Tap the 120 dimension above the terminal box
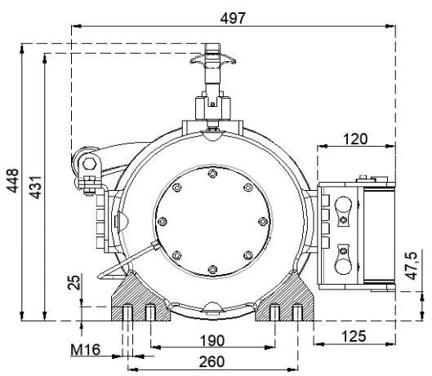[355, 139]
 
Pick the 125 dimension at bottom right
[355, 336]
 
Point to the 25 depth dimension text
[74, 282]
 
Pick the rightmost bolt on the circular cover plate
[260, 221]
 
